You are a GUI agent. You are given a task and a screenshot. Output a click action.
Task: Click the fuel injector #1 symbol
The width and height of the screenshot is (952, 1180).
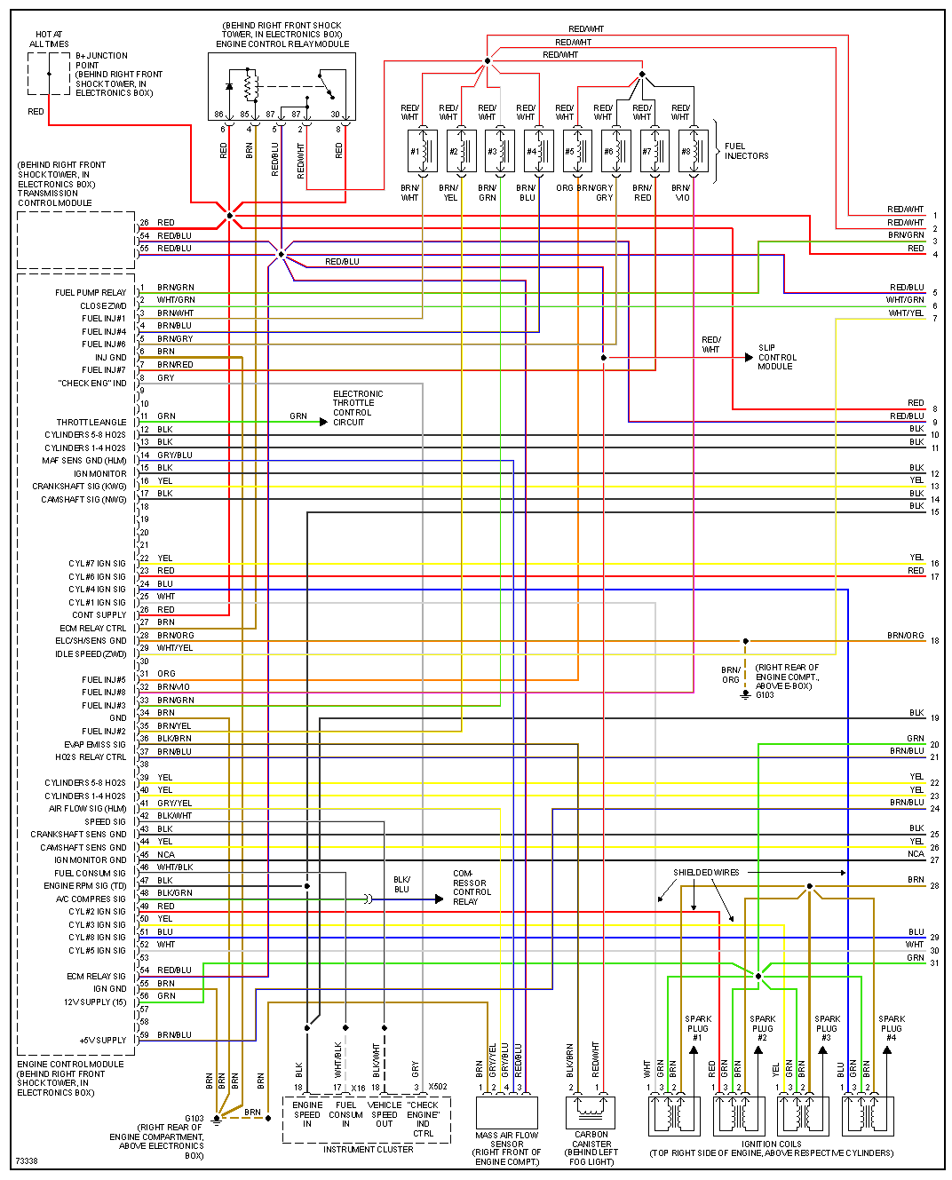tap(422, 151)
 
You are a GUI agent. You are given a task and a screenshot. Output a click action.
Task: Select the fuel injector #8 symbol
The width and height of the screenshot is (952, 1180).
tap(694, 151)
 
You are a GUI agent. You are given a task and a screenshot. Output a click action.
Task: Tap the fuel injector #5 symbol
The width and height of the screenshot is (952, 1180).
tap(577, 151)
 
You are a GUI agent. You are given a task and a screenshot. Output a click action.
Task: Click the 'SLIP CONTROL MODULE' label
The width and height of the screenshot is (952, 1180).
tap(777, 357)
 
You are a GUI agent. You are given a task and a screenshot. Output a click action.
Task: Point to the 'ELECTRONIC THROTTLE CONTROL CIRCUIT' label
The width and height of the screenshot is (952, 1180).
tap(358, 408)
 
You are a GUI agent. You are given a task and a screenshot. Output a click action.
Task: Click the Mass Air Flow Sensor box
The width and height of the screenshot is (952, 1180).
tap(507, 1113)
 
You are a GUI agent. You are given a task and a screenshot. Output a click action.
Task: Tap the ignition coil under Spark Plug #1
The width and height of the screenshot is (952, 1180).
tap(674, 1115)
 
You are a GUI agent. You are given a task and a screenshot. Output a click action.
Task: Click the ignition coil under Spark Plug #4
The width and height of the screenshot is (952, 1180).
tap(868, 1115)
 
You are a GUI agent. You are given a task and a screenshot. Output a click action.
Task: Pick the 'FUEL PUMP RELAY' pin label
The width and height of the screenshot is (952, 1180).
tap(91, 293)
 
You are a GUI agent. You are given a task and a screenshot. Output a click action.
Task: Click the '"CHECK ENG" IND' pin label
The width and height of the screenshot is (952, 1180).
tap(92, 384)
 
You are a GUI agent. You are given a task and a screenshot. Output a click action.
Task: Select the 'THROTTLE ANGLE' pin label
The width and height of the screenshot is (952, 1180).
tap(91, 423)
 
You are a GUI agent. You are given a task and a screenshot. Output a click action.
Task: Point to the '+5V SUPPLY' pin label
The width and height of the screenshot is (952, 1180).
tap(103, 1040)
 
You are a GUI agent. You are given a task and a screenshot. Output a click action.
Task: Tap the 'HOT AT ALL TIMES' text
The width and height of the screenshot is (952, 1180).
tap(49, 39)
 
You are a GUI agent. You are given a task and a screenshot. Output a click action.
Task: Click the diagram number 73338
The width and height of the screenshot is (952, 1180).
tap(26, 1161)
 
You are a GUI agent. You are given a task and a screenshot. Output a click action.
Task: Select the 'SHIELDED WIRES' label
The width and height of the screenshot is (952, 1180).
tap(706, 873)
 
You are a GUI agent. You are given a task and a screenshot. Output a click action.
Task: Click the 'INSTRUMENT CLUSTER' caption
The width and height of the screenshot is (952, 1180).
tap(368, 1150)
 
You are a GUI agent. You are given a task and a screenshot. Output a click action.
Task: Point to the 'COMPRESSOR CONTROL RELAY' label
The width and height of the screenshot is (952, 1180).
tap(471, 888)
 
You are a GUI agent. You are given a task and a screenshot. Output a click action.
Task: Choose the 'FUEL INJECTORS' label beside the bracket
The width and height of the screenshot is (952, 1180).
tap(746, 151)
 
